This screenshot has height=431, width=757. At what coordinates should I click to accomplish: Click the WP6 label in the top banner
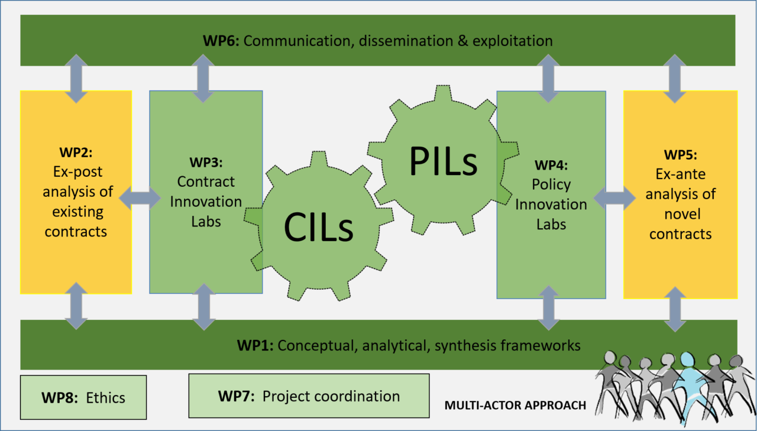pyautogui.click(x=220, y=41)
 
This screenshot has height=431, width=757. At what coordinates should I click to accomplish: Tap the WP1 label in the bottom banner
pyautogui.click(x=255, y=345)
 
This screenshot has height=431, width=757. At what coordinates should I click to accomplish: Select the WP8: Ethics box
pyautogui.click(x=83, y=397)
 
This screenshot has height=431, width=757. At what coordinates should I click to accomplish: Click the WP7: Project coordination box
pyautogui.click(x=309, y=396)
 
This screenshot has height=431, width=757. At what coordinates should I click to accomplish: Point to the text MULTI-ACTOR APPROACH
pyautogui.click(x=515, y=406)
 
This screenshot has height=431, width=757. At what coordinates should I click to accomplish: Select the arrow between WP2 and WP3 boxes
pyautogui.click(x=140, y=199)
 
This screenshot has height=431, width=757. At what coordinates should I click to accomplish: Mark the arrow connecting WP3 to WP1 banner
pyautogui.click(x=204, y=306)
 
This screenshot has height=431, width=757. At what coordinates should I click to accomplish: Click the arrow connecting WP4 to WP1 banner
pyautogui.click(x=549, y=307)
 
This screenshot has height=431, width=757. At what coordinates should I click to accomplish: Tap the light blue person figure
pyautogui.click(x=688, y=384)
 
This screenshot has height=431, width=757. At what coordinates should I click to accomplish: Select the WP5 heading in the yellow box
pyautogui.click(x=680, y=155)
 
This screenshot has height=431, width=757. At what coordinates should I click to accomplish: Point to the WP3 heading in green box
pyautogui.click(x=205, y=163)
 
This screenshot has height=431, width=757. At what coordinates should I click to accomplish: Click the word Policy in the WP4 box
pyautogui.click(x=551, y=184)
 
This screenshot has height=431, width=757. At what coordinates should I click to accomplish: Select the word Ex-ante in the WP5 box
pyautogui.click(x=680, y=174)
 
